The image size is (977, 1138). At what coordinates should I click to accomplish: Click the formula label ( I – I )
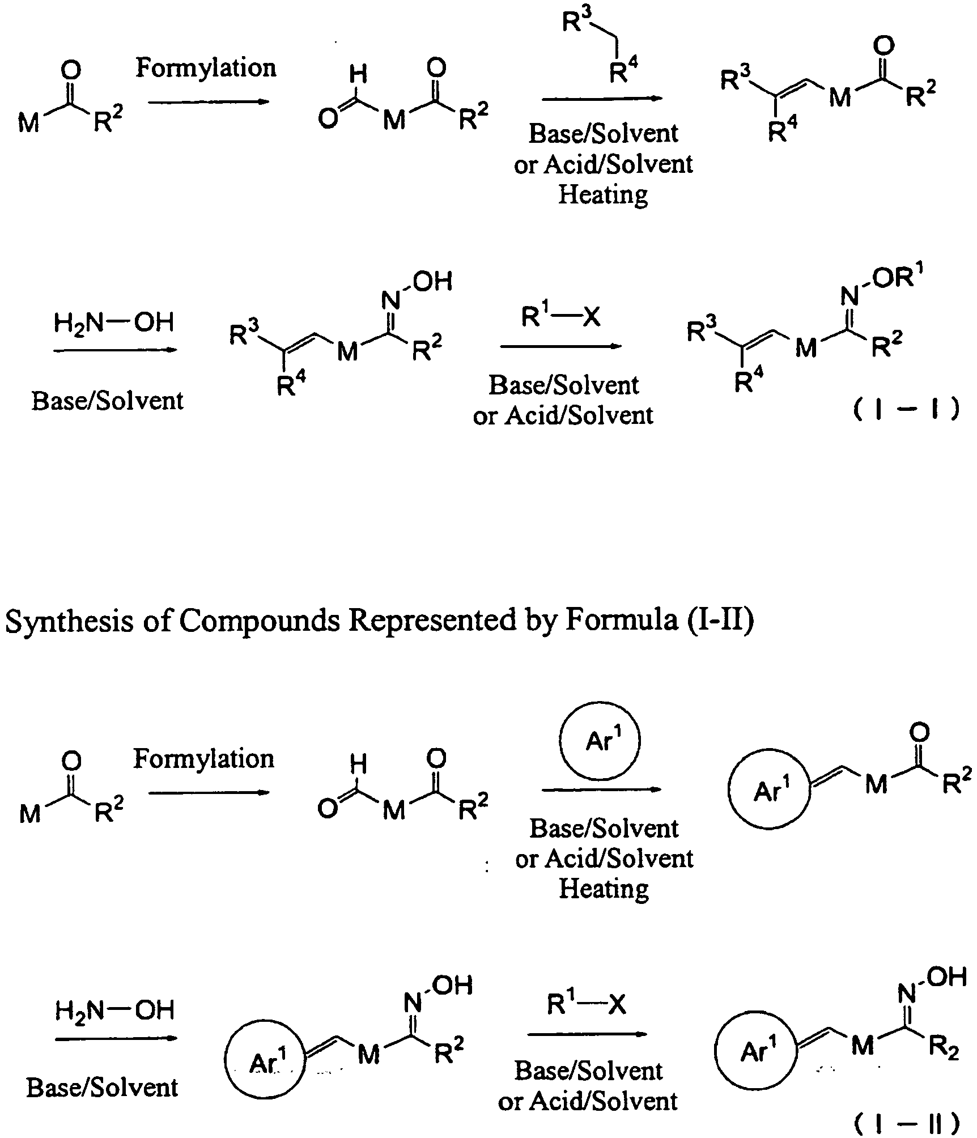coord(906,409)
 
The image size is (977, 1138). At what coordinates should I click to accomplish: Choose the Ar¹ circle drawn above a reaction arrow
coord(600,740)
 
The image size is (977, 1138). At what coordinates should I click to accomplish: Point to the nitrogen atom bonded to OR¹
coord(848,295)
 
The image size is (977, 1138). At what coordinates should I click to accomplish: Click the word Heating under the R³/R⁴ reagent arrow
coord(603,194)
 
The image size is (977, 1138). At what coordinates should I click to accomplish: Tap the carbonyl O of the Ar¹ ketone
coord(919,733)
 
